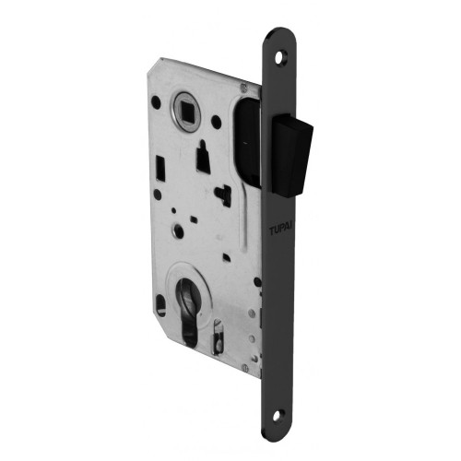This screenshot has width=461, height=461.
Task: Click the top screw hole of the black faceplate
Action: point(281,56)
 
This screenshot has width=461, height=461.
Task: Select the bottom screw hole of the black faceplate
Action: point(278,415)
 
